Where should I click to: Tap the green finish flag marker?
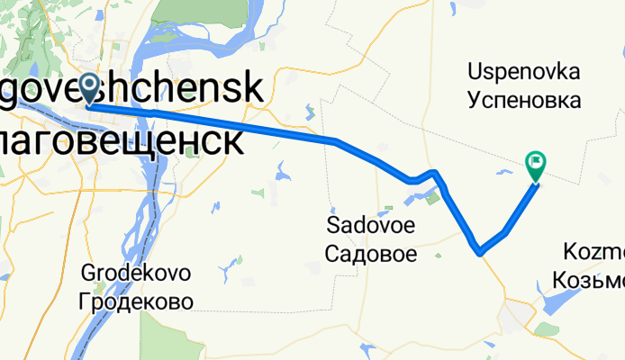pyautogui.click(x=535, y=164)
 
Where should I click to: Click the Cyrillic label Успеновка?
pyautogui.click(x=524, y=98)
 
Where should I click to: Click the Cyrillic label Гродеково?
pyautogui.click(x=136, y=301)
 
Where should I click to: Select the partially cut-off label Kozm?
pyautogui.click(x=593, y=251)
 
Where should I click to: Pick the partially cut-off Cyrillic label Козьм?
pyautogui.click(x=593, y=281)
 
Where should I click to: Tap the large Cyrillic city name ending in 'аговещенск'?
pyautogui.click(x=121, y=140)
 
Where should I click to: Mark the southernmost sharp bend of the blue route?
pyautogui.click(x=480, y=251)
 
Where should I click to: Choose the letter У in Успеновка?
pyautogui.click(x=474, y=98)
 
